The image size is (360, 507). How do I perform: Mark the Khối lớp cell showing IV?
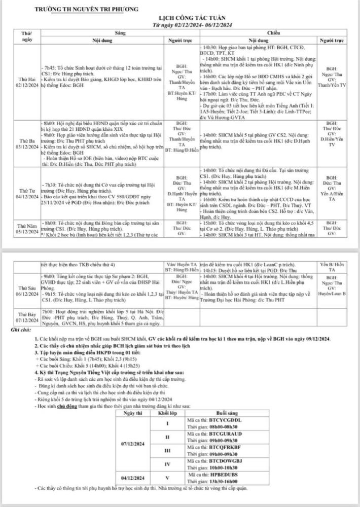(169, 464)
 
